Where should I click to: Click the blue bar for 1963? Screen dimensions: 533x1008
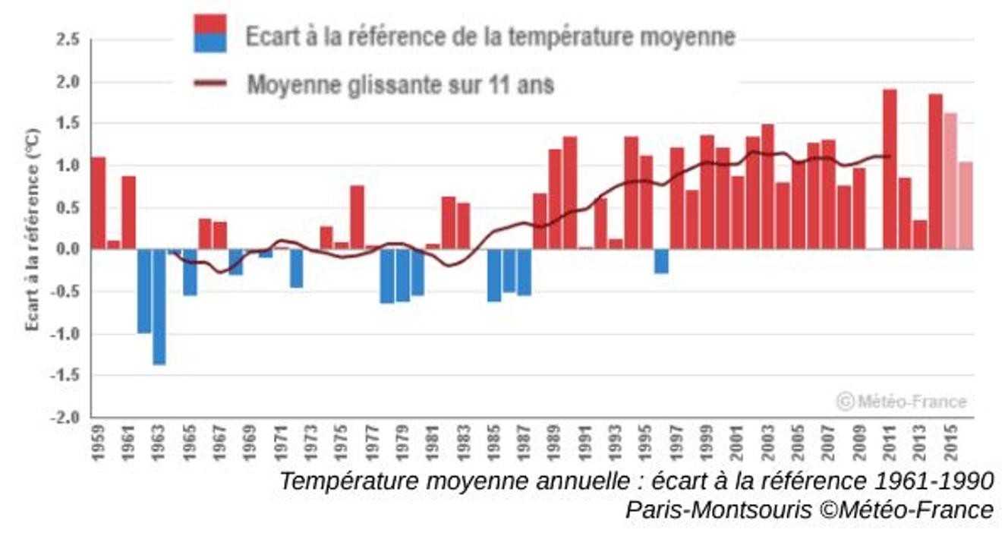pos(159,307)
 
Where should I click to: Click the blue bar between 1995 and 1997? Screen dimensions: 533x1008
pos(661,260)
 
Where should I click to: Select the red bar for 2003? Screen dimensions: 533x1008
pos(767,186)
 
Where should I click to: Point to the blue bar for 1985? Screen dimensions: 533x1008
pos(494,275)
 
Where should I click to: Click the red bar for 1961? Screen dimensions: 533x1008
pos(129,213)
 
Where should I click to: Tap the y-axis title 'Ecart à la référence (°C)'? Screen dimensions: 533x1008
pos(33,229)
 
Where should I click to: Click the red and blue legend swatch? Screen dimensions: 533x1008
pos(210,33)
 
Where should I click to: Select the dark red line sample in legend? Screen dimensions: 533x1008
pos(210,83)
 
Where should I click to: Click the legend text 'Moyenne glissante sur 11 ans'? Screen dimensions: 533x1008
pos(400,84)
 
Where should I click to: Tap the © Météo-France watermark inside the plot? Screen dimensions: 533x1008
pos(902,401)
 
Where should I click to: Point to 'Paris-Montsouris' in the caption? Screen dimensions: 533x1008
pos(718,510)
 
